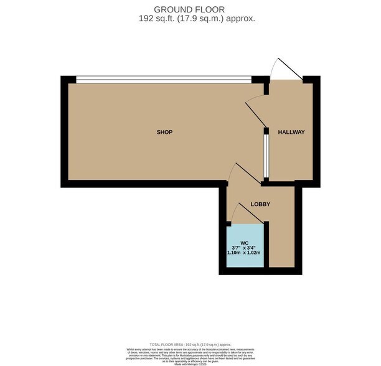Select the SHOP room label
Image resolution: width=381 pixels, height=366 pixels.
164,132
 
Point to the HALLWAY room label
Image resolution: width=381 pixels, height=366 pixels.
291,132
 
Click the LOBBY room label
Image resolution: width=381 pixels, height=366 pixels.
259,204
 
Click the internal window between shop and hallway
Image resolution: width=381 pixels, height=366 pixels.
265,155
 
